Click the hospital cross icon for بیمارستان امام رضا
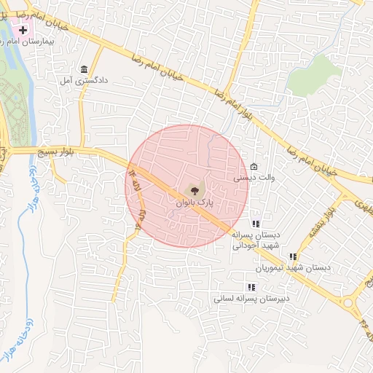point(23,31)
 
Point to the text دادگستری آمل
point(83,81)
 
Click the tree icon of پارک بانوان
point(192,191)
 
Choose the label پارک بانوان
point(192,203)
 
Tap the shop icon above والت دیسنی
point(254,166)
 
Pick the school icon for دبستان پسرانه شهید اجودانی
point(255,224)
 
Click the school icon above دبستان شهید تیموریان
point(292,256)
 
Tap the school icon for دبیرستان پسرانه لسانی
point(251,287)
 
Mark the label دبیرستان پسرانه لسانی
point(251,298)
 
